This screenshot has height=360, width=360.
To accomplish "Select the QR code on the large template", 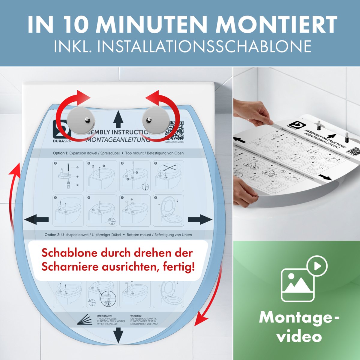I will (x=176, y=130).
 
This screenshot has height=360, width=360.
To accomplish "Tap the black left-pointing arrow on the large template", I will (x=37, y=220).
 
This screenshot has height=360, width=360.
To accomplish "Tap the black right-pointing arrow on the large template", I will (x=200, y=220).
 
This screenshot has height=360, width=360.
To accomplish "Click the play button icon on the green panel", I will (x=317, y=266).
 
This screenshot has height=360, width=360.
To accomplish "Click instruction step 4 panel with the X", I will (x=169, y=176).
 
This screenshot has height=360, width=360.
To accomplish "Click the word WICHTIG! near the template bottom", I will (x=136, y=316).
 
